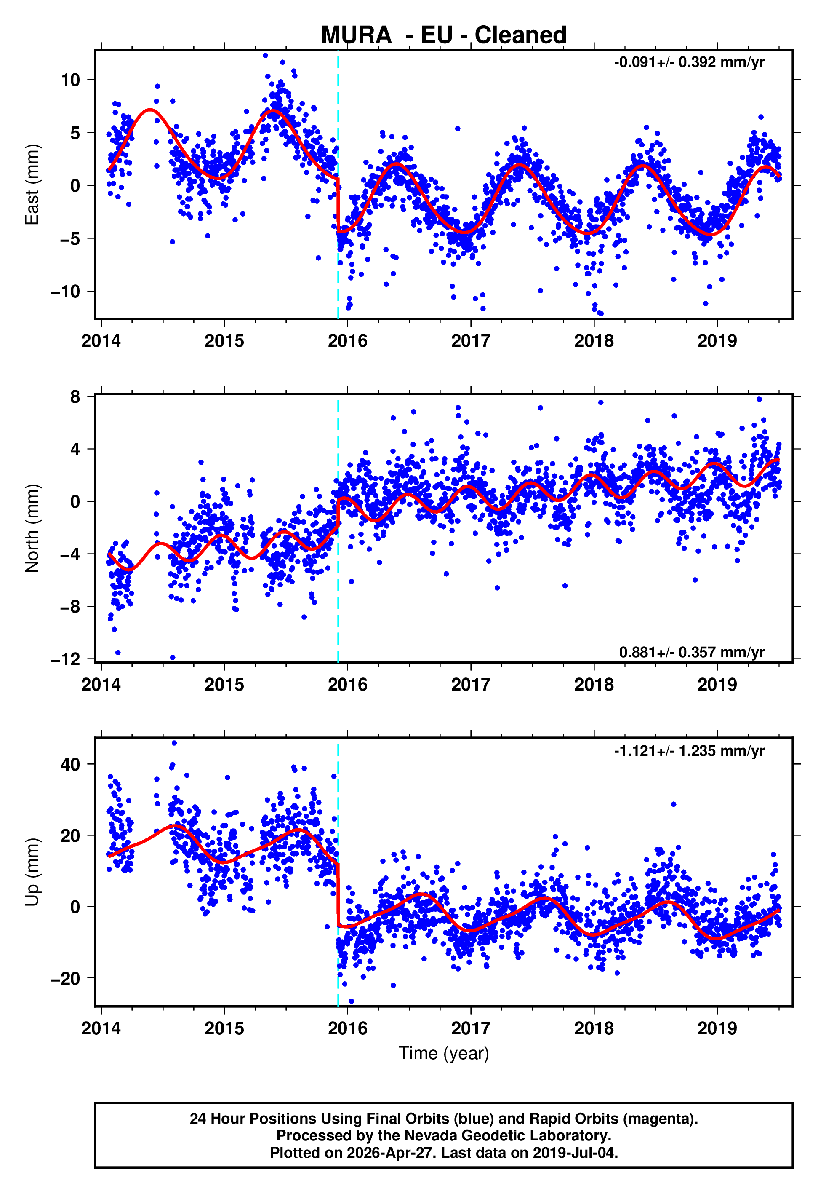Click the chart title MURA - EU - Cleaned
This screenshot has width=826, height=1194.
(x=444, y=35)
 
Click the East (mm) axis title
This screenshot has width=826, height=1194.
(x=32, y=185)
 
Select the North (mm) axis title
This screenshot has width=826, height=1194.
(x=32, y=528)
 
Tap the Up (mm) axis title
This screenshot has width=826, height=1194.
(x=32, y=872)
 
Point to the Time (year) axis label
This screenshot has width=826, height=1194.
(x=444, y=1053)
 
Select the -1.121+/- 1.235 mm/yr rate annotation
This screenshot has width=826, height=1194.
(x=689, y=751)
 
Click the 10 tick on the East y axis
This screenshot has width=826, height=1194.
(x=70, y=80)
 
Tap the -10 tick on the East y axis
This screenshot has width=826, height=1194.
(x=65, y=292)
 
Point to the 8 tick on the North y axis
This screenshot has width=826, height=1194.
(x=75, y=397)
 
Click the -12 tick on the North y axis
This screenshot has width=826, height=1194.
(x=65, y=659)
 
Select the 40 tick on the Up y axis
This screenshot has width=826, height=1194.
(x=70, y=764)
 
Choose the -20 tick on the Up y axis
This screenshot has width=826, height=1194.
(x=65, y=978)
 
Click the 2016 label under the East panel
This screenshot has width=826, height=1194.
(x=347, y=341)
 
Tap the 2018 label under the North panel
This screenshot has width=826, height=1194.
(x=594, y=685)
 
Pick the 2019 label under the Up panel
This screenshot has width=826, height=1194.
(x=717, y=1028)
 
